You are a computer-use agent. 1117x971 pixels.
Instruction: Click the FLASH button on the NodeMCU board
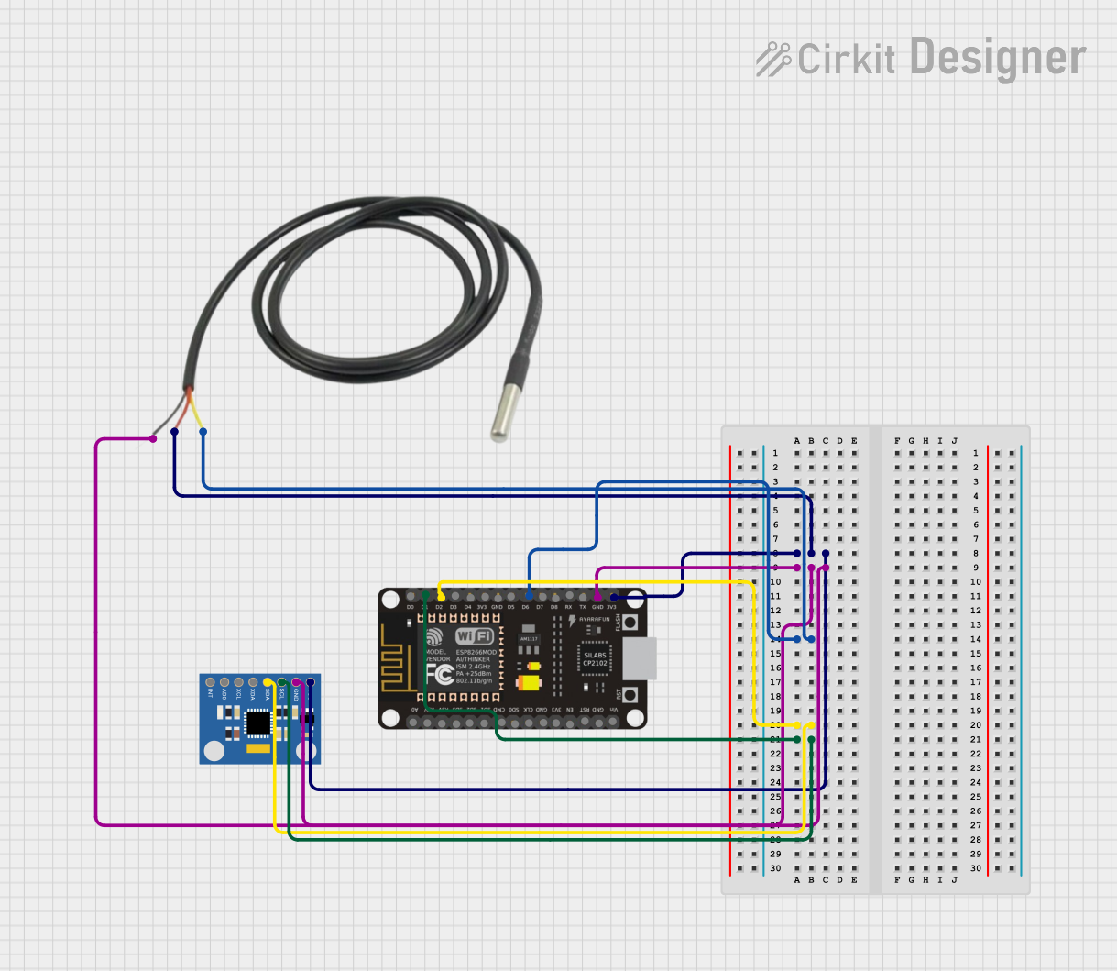[630, 623]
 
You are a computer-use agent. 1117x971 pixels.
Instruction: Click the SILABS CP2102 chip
[595, 658]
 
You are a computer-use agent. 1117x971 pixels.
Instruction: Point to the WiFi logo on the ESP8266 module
[475, 636]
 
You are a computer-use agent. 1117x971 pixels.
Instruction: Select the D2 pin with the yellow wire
[442, 597]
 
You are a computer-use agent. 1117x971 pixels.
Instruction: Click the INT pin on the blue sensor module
[210, 683]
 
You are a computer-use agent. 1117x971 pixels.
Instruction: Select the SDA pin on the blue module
[268, 683]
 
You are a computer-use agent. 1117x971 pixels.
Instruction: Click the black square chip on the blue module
[258, 723]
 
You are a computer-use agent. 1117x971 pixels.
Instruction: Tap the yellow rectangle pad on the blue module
[259, 748]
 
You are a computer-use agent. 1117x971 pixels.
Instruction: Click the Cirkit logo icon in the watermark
[772, 59]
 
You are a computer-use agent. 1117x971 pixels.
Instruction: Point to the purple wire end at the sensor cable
[153, 438]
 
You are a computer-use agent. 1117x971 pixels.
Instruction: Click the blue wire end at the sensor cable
[203, 431]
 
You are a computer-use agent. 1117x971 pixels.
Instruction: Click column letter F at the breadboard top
[897, 441]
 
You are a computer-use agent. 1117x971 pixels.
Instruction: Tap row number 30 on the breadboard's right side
[976, 868]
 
